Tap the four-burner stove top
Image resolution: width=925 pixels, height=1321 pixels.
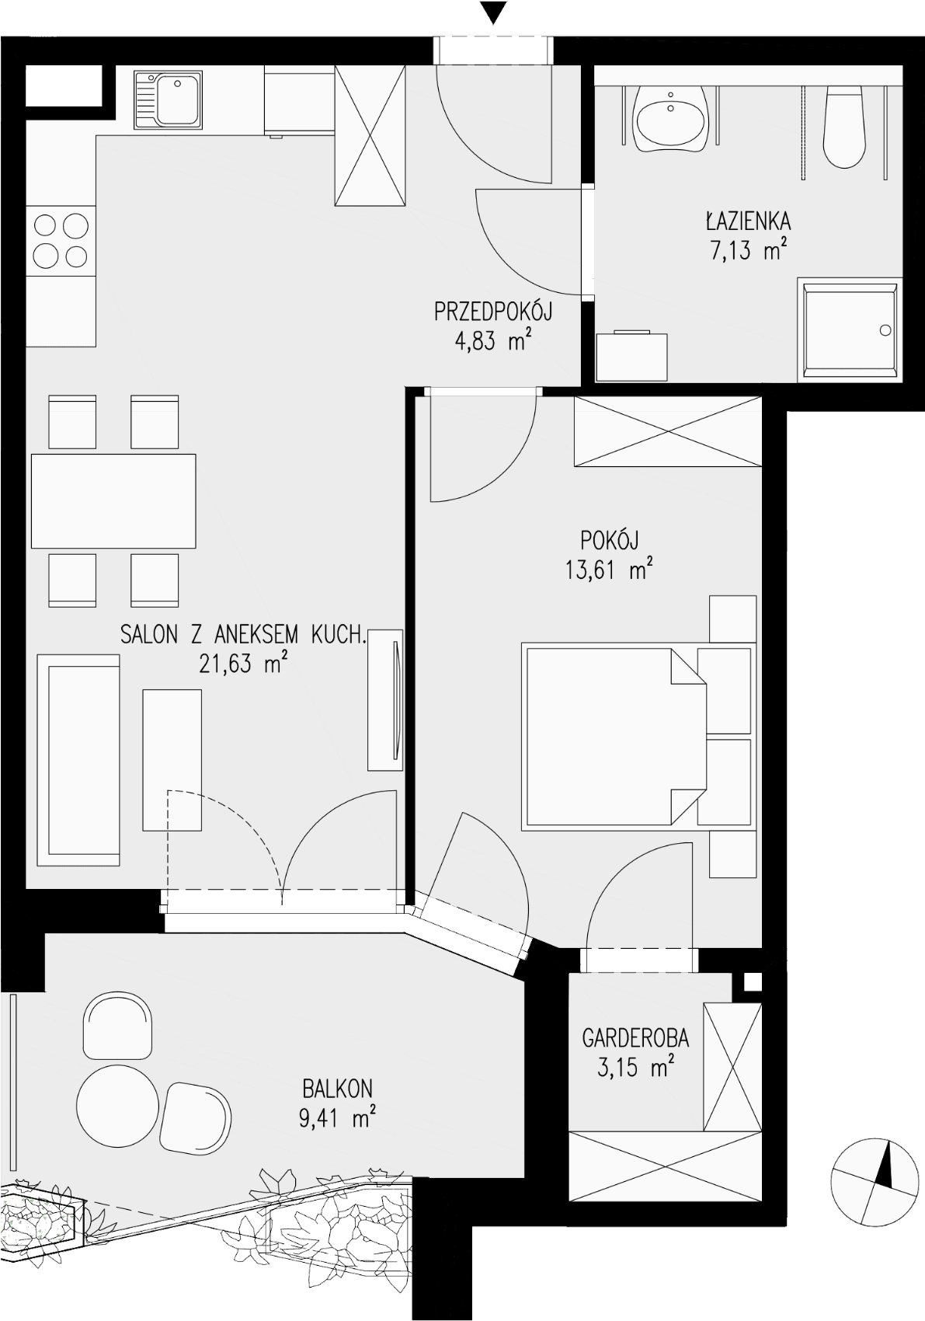pos(61,241)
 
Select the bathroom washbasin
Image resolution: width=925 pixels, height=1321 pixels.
pos(670,119)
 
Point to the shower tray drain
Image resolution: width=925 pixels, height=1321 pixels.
pos(885,330)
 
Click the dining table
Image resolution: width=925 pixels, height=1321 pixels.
pos(113,500)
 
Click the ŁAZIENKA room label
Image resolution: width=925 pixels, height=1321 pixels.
pos(748,222)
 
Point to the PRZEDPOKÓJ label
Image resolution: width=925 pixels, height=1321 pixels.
pos(493,312)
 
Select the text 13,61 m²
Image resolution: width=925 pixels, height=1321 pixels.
pos(609,570)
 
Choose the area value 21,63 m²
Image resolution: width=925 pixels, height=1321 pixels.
pos(244,664)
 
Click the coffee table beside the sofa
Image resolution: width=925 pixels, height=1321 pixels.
pos(172,760)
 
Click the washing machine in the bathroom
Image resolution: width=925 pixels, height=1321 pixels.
pos(631,356)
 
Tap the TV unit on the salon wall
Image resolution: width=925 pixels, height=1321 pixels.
pos(385,699)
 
